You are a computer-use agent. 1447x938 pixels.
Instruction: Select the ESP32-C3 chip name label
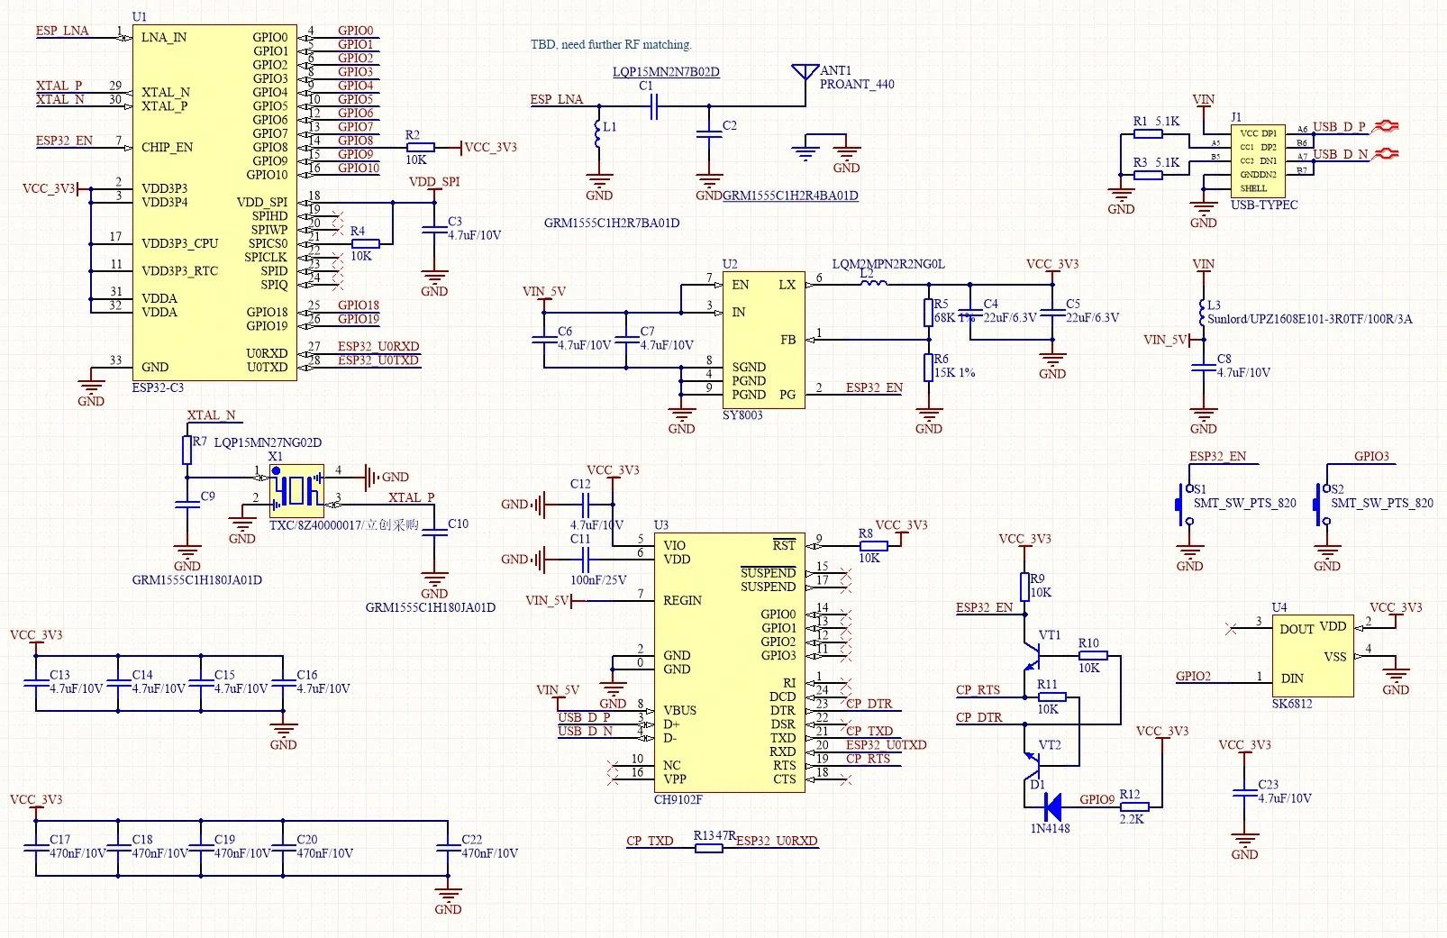coord(158,387)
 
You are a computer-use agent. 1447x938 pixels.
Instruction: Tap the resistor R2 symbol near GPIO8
coord(421,147)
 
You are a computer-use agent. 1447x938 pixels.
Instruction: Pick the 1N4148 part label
coord(1050,828)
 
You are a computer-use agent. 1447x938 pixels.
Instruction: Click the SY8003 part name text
coord(742,415)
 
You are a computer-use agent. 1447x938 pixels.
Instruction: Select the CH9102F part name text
coord(678,799)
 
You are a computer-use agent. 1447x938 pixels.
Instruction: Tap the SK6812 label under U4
coord(1291,704)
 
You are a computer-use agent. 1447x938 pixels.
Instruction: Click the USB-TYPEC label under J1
coord(1264,205)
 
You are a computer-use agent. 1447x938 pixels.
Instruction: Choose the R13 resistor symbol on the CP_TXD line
coord(708,848)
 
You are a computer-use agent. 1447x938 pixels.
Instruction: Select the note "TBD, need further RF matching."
coord(611,44)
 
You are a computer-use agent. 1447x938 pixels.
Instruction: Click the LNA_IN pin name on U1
coord(164,38)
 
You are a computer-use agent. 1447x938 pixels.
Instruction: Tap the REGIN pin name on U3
coord(682,600)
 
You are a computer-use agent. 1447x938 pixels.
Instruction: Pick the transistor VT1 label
coord(1050,635)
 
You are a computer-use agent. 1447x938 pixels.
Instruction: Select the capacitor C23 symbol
coord(1244,792)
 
